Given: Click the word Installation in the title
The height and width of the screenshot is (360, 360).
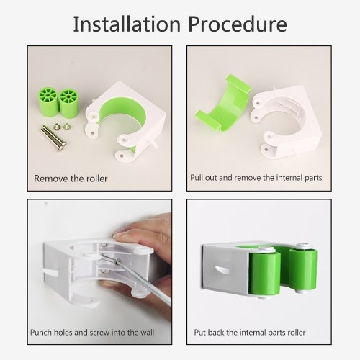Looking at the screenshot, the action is (127, 24).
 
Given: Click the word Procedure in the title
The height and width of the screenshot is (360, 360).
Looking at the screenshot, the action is (238, 24).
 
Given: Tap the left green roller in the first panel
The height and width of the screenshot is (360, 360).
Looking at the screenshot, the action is (48, 102).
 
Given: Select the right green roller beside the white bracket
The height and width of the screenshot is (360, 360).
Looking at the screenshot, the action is (68, 103).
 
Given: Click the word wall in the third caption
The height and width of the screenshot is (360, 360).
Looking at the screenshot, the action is (146, 333).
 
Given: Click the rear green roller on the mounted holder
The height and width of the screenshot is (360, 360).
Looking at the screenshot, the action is (303, 269).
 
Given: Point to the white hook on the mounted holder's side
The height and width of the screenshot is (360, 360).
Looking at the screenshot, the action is (221, 270).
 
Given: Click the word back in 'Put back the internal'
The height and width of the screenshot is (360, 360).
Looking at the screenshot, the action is (216, 333).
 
